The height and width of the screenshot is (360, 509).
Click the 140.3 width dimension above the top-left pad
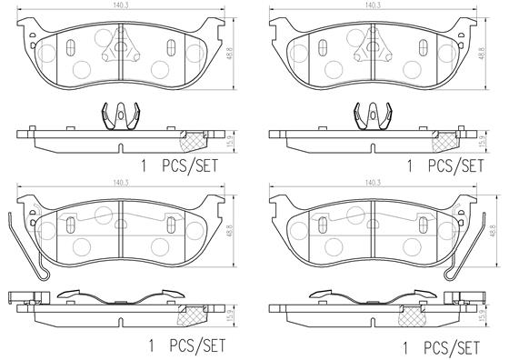121,5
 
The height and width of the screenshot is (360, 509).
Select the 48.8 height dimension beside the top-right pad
482,53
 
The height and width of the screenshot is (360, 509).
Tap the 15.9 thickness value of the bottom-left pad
230,315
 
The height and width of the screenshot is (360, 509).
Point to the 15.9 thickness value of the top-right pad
482,141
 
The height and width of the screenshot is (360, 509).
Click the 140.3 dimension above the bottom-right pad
373,183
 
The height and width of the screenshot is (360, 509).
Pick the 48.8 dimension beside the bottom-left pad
230,231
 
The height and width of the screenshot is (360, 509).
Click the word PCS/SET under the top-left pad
190,165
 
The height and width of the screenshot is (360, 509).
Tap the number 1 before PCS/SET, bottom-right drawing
404,348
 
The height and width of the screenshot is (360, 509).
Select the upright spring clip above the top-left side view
121,116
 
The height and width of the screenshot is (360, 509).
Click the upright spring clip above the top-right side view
373,116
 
